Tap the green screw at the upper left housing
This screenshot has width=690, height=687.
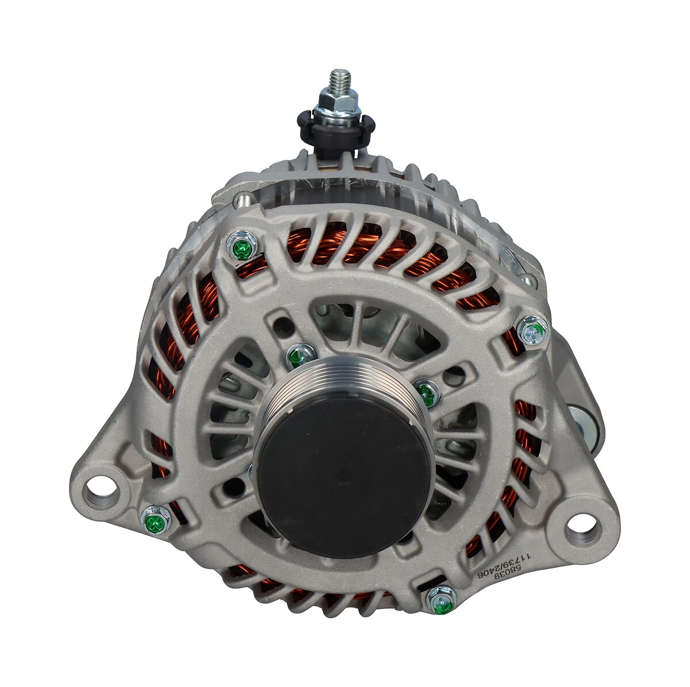tap(242, 247)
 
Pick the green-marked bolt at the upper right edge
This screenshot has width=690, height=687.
tap(533, 331)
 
